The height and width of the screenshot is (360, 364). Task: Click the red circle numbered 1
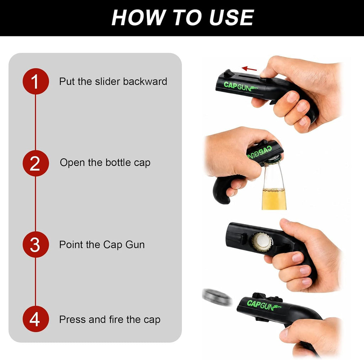[x=36, y=81]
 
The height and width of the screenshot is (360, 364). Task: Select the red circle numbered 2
[x=36, y=163]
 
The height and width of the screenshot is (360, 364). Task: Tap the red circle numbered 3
[x=36, y=244]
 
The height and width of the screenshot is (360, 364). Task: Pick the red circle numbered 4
[x=36, y=319]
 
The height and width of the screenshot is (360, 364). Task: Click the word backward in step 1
[x=145, y=81]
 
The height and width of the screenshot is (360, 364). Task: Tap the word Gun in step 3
[x=135, y=245]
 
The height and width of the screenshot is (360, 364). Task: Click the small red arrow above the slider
[x=249, y=69]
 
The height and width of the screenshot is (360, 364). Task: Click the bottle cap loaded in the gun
[x=262, y=242]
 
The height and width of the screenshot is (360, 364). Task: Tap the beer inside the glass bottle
[x=274, y=198]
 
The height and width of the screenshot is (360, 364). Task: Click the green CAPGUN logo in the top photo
[x=241, y=86]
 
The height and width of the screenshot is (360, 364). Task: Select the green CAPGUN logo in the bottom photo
[x=264, y=305]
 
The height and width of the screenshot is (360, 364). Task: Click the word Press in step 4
[x=73, y=319]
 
